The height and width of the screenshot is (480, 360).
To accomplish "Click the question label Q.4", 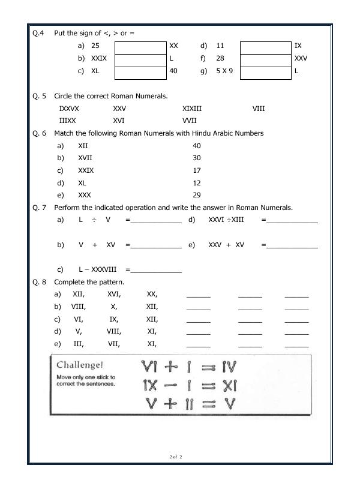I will pos(38,33).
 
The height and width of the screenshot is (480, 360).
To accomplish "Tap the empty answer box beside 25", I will pos(140,46).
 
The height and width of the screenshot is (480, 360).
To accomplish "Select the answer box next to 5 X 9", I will pos(266,72).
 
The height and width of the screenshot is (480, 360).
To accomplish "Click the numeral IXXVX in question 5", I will pos(69,109).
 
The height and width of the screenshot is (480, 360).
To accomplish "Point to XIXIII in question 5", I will pos(192,109).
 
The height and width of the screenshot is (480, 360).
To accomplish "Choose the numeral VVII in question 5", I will pos(190,121).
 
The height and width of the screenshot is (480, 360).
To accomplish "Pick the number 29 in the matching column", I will pos(197,196).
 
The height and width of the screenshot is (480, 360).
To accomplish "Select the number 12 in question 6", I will pos(197,183).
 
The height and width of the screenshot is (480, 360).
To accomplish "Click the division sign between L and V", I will pos(94,220).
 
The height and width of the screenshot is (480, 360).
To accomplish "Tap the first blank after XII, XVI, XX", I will pos(198,295).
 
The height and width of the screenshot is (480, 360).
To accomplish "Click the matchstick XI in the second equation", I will pos(229,385).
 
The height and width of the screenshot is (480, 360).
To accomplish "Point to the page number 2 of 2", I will pos(175,457).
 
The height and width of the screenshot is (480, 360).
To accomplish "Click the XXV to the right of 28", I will pos(301,59).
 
